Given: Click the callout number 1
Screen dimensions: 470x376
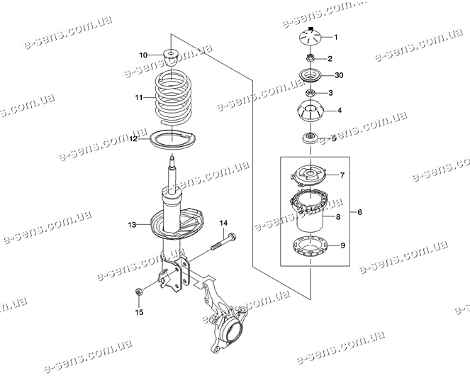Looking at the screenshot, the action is coord(336,38).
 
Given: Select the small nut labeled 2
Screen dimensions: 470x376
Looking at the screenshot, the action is coord(310,57).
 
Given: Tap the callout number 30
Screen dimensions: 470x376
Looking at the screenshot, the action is coord(339,75).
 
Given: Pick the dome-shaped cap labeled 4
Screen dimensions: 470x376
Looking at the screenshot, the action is coord(310,111).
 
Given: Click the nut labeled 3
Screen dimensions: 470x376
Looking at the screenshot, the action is coord(310,93).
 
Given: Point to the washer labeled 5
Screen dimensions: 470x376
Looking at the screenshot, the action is coord(310,138).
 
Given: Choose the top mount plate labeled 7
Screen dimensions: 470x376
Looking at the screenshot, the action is coord(310,175).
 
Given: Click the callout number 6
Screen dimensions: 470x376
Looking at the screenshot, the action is coord(359,212).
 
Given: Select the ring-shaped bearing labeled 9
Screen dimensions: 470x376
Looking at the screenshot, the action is coord(310,247).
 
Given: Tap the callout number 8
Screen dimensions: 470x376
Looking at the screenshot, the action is coord(338,216).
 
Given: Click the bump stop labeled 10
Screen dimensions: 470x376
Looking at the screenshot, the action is coord(171,57).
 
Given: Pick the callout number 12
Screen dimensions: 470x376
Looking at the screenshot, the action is coord(133,139).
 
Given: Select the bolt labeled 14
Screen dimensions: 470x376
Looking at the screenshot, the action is coord(224,241).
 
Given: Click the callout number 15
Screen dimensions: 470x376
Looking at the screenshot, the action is coord(139,312).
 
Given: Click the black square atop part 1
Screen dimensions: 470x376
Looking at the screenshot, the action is coord(310,29).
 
